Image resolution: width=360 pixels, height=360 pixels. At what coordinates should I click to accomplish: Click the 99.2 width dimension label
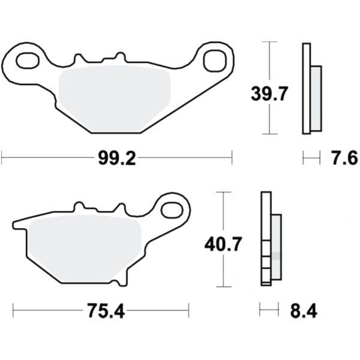tap(117, 158)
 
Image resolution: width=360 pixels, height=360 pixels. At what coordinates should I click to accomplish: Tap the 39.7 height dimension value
tap(269, 94)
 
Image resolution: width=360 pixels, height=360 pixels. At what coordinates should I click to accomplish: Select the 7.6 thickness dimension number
tap(344, 158)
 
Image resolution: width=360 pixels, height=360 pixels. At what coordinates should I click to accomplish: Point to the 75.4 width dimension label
tap(106, 311)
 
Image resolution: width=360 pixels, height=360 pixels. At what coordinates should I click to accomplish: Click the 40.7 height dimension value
tap(223, 245)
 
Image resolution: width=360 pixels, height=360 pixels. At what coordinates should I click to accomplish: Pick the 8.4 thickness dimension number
tap(304, 311)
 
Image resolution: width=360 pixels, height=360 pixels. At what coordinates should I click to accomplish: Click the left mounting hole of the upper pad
tap(28, 61)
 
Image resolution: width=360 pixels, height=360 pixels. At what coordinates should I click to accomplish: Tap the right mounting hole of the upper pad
tap(215, 61)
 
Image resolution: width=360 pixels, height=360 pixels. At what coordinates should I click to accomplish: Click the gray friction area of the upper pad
tap(115, 99)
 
